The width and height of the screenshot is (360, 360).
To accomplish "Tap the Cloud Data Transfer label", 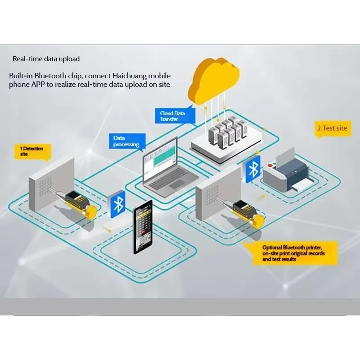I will pyautogui.click(x=175, y=116).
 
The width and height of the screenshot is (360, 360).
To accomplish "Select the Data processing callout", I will pyautogui.click(x=126, y=141).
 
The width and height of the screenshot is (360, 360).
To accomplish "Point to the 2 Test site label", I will pyautogui.click(x=332, y=128).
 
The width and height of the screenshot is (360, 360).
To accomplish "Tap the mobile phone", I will pyautogui.click(x=142, y=229).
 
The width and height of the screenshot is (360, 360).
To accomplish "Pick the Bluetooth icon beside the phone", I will pyautogui.click(x=118, y=204).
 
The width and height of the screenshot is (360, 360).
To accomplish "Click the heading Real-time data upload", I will pyautogui.click(x=46, y=59).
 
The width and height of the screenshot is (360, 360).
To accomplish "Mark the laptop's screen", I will pyautogui.click(x=160, y=160).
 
